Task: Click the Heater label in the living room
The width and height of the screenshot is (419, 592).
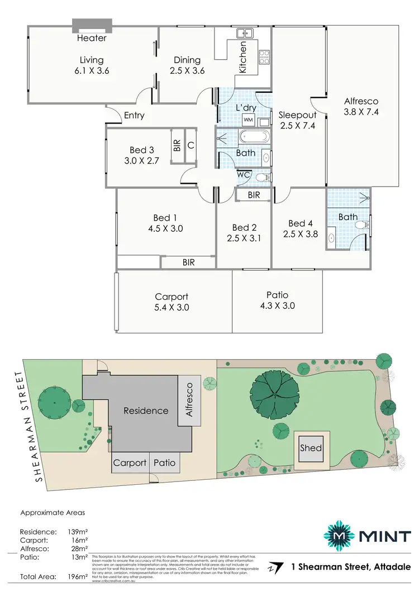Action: (92, 38)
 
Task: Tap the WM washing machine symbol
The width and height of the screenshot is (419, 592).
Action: (248, 120)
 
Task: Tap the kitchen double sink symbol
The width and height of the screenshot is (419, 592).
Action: (243, 33)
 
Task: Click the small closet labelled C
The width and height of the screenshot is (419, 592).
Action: (191, 146)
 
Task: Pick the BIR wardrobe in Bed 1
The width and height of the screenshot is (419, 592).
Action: (188, 262)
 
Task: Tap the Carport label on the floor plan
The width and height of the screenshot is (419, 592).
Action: (172, 297)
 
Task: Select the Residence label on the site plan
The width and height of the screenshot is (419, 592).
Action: (146, 410)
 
